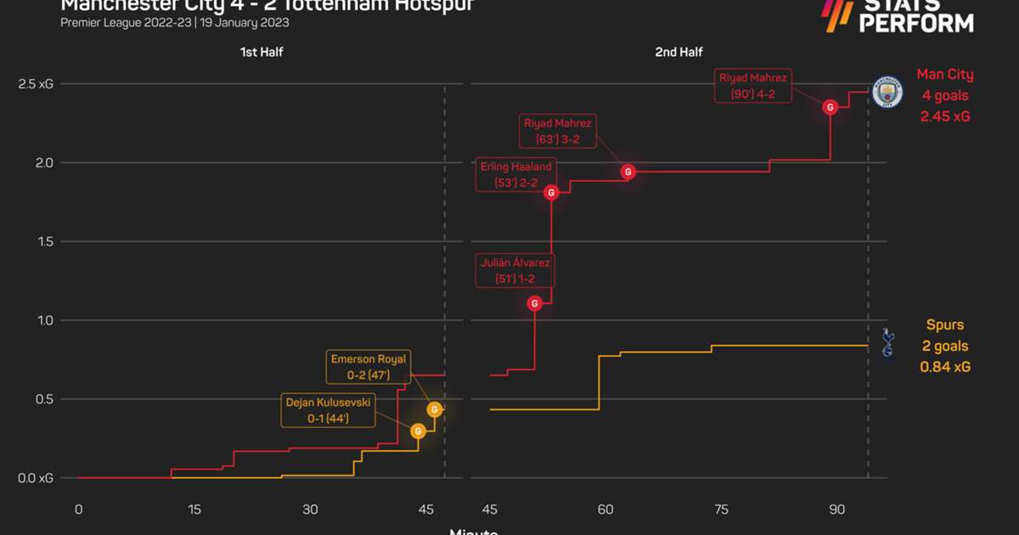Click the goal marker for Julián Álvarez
534,303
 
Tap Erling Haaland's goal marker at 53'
551,193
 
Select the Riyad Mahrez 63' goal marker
628,172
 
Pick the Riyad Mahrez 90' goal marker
830,107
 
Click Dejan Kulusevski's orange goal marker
418,431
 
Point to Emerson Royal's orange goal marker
435,409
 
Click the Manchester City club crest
887,93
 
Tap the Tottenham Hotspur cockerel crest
887,342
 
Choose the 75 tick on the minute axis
721,510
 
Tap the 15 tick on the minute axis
194,510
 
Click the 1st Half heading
261,53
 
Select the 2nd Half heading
678,53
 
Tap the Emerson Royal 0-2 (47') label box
369,366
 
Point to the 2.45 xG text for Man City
945,116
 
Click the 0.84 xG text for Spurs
945,367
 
